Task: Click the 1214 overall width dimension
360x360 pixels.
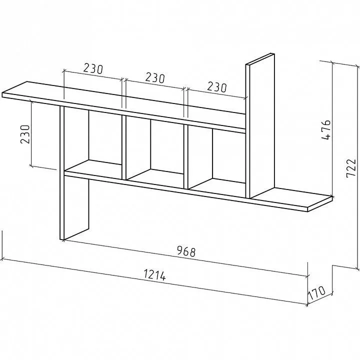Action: click(x=154, y=275)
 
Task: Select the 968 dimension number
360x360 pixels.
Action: click(x=186, y=251)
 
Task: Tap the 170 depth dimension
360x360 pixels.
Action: click(x=316, y=292)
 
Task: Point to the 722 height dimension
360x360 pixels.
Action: click(x=350, y=168)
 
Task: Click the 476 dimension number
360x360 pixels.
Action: click(x=326, y=129)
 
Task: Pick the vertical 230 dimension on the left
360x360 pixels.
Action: click(x=25, y=134)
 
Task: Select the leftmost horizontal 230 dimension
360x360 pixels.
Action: click(x=93, y=68)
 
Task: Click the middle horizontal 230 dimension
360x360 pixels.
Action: click(x=155, y=78)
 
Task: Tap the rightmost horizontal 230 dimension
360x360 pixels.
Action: click(x=217, y=87)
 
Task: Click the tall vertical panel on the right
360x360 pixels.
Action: click(x=260, y=126)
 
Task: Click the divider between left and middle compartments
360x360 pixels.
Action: click(x=124, y=147)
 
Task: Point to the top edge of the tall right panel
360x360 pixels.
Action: click(x=260, y=59)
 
